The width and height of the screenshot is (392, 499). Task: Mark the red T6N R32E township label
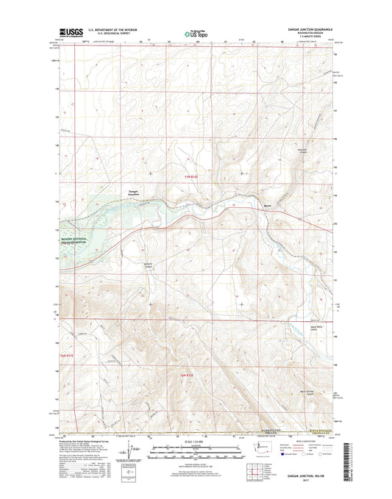[x=188, y=376]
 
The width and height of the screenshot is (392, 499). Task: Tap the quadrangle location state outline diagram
[x=255, y=449]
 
